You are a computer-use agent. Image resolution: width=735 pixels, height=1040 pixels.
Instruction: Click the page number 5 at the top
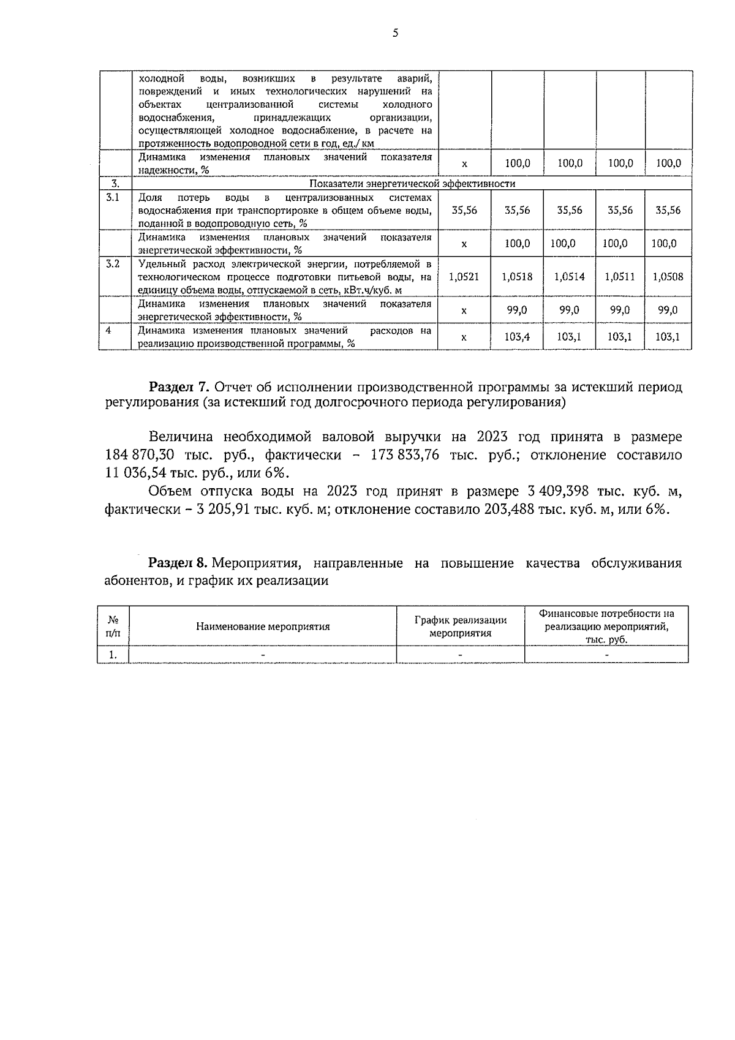click(x=395, y=34)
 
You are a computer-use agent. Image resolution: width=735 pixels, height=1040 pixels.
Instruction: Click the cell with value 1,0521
click(x=464, y=277)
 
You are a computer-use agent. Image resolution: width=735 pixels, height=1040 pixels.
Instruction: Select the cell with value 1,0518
click(x=517, y=277)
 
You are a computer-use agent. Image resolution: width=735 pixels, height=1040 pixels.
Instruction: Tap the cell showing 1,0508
click(x=668, y=277)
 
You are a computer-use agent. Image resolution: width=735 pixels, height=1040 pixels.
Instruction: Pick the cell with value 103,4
click(x=517, y=336)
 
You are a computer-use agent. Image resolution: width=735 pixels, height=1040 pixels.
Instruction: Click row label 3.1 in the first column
click(x=113, y=197)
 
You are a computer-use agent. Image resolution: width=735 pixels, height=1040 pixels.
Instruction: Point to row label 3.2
click(x=113, y=264)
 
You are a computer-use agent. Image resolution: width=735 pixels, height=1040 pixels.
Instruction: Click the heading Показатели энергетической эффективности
click(x=412, y=184)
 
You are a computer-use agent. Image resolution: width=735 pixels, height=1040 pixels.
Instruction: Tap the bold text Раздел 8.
click(x=179, y=563)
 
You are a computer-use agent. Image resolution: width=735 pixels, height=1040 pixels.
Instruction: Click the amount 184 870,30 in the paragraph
click(x=140, y=456)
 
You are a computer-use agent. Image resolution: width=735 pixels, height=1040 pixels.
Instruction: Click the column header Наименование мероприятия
click(x=263, y=627)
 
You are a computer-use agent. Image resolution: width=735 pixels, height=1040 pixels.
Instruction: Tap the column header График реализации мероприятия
click(x=460, y=627)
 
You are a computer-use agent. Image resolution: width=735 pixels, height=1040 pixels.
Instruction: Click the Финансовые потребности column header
click(x=606, y=627)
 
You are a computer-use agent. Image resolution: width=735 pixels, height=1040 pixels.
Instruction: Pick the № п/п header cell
click(x=113, y=627)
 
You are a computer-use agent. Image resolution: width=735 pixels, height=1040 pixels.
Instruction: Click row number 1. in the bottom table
click(x=113, y=655)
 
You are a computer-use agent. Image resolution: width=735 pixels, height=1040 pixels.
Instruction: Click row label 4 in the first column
click(x=108, y=330)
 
